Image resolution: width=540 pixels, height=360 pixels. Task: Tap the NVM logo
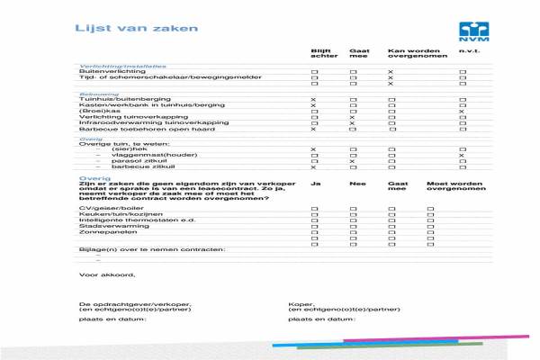pos(472,31)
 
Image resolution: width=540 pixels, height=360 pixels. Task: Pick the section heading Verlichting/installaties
pos(123,66)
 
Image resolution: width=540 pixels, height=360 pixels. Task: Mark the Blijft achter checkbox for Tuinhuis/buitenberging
pos(313,99)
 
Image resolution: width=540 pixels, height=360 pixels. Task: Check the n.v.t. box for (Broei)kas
pos(463,112)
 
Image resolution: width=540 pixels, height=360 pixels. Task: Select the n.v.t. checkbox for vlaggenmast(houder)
pos(463,155)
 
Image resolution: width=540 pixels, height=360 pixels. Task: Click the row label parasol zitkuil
pos(125,161)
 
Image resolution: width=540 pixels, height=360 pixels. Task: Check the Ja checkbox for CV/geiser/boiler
pos(314,208)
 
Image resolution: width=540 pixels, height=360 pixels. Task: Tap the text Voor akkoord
pos(107,274)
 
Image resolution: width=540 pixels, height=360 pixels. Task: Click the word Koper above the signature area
pos(299,303)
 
